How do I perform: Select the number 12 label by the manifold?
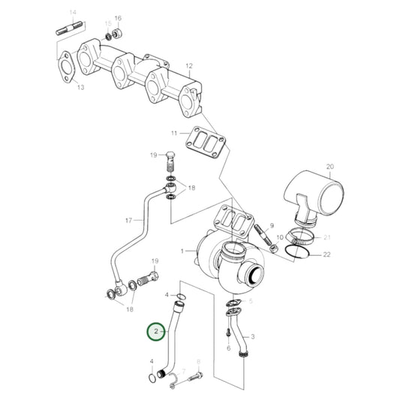[190, 66]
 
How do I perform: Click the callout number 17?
[128, 221]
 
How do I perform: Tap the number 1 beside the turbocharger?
[182, 250]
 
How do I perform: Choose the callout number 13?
[80, 88]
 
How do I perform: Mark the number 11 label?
[173, 133]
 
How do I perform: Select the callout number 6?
[229, 348]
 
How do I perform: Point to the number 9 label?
[273, 225]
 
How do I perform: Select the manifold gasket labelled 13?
[65, 65]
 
